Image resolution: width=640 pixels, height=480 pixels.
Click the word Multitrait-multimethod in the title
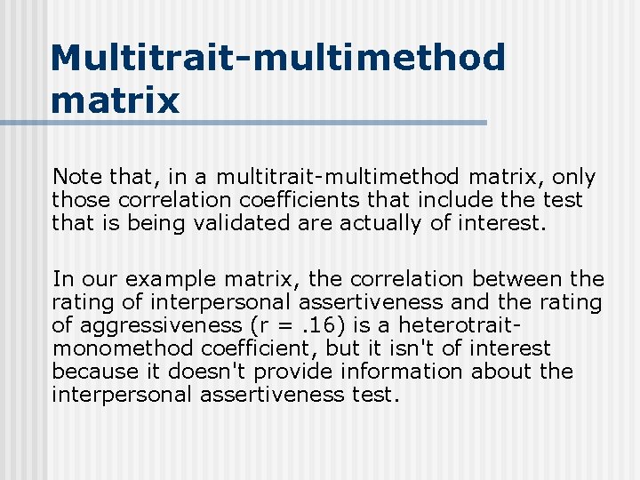(278, 59)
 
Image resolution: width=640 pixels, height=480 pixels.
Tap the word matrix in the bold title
(116, 100)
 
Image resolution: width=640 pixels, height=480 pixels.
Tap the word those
(81, 200)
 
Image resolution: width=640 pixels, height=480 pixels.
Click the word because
(94, 372)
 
